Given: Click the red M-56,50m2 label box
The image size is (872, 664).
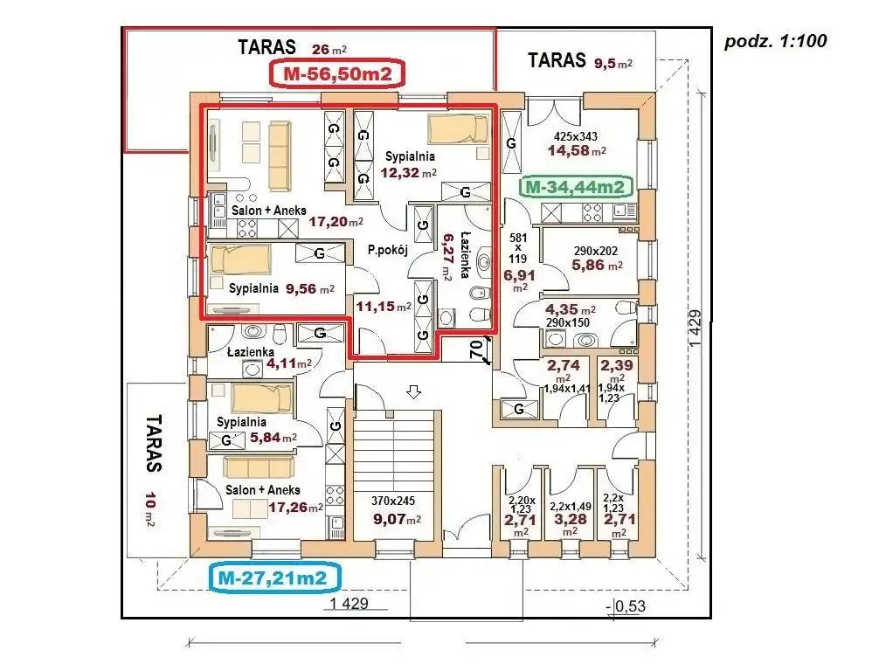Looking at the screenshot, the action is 337,73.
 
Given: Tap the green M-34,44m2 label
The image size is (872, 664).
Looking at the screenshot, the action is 575,187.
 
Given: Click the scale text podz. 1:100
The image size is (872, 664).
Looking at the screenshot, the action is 775,41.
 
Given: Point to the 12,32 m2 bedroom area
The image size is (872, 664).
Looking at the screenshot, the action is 409,172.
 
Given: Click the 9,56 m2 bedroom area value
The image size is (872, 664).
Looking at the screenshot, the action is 310,288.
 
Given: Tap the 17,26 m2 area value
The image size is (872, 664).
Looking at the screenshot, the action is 296,508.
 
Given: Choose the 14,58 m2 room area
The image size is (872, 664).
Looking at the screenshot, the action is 577,150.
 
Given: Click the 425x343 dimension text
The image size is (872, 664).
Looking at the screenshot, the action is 576,135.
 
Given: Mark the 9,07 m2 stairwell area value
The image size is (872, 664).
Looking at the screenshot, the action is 397,519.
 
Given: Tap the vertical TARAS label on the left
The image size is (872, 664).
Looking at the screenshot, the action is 154,443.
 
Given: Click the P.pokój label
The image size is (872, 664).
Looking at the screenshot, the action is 388,250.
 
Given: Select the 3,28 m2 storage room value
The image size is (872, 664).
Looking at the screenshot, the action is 570,520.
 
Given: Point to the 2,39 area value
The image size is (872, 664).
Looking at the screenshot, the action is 617,365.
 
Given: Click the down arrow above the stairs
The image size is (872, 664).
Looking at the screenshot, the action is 413,391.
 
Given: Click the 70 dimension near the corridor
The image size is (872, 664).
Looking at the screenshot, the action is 475,350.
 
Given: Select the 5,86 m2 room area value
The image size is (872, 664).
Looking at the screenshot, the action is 598,265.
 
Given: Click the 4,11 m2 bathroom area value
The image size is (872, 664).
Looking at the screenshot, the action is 289,363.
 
